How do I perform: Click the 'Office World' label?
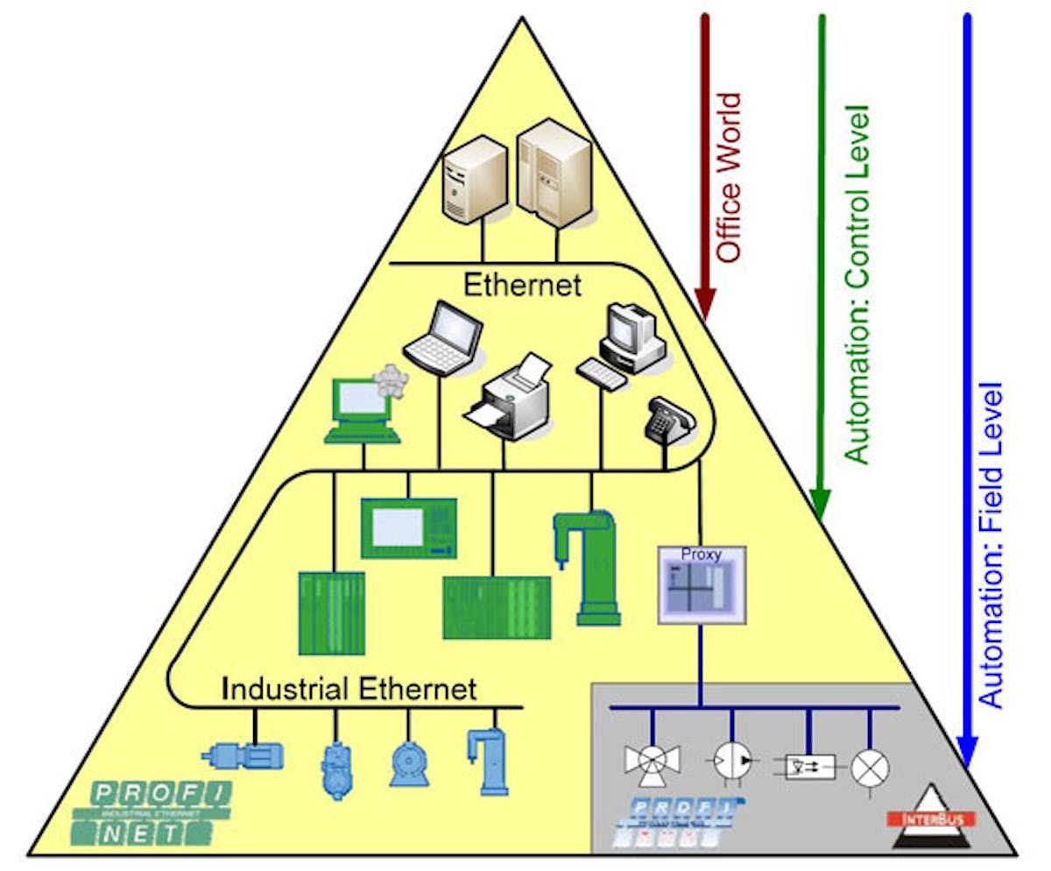729,177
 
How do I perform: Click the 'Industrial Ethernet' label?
349,688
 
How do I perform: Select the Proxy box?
701,584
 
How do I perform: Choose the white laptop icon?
444,337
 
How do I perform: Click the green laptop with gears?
362,408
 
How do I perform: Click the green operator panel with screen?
409,528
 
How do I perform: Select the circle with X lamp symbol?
871,768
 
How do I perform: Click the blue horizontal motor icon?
243,754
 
